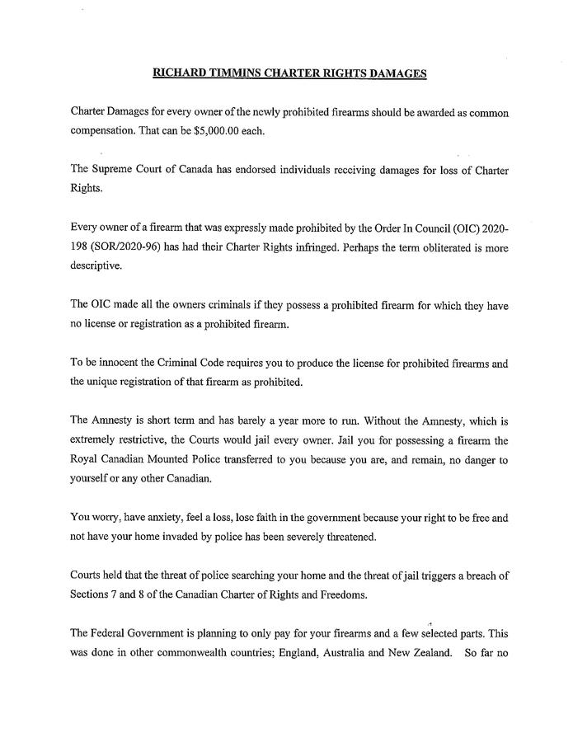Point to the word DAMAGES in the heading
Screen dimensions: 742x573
click(397, 73)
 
